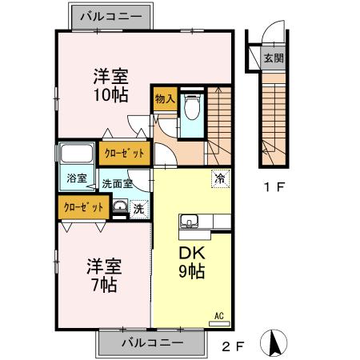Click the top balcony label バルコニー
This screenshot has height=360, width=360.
[x=111, y=15]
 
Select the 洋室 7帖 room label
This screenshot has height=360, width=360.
[x=103, y=273]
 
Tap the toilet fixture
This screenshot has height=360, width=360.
[x=190, y=106]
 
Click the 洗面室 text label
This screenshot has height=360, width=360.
[x=116, y=183]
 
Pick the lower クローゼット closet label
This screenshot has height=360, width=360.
[x=85, y=206]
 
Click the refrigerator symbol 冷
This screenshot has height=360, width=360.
[x=218, y=178]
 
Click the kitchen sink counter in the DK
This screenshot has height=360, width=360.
[x=192, y=222]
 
